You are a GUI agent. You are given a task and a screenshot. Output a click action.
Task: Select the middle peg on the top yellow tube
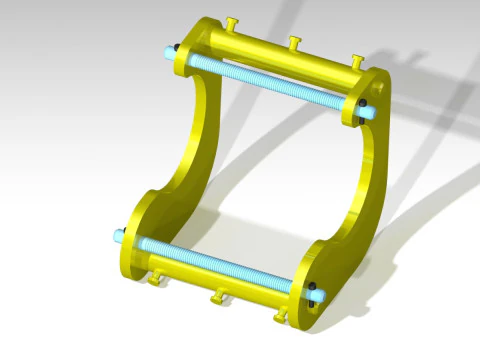tap(294, 43)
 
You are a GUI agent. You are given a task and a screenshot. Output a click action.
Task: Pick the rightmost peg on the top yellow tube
tap(356, 62)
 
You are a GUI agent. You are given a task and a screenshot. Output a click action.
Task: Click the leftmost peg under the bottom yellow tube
tap(155, 280)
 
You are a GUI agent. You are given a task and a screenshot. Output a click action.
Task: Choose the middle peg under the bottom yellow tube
tap(217, 298)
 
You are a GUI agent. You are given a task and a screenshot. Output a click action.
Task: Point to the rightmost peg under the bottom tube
tap(281, 318)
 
